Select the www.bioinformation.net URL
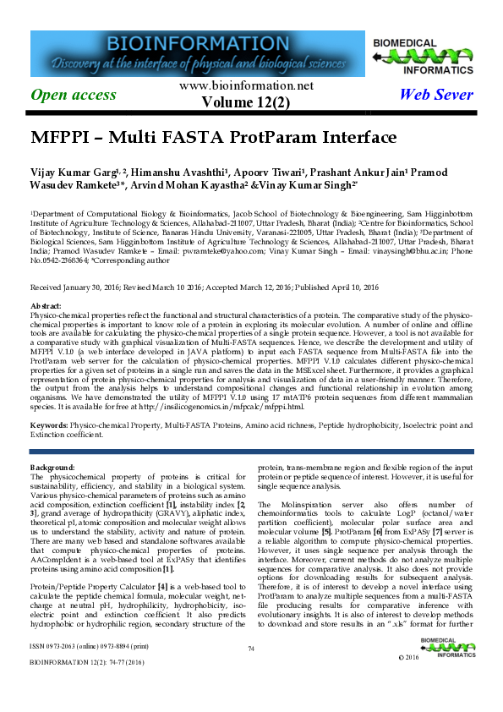246,86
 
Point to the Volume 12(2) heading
246,102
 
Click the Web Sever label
435,95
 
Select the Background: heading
53,467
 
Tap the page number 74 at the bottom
251,672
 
